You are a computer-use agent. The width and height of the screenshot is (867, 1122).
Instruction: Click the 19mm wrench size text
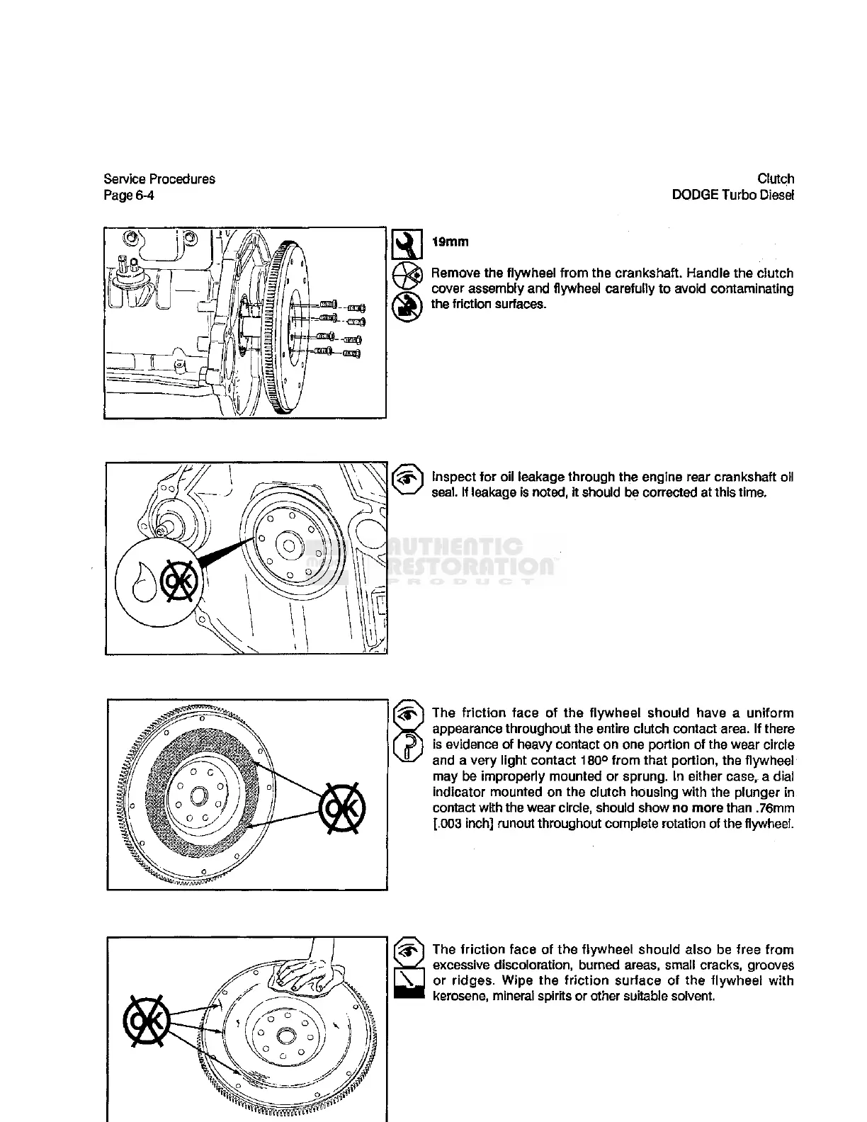click(x=450, y=242)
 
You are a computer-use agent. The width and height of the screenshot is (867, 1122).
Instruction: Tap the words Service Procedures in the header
click(x=159, y=179)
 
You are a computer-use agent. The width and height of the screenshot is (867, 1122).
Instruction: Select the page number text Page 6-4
click(x=128, y=195)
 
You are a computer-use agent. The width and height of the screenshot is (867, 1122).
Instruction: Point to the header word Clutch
click(x=776, y=179)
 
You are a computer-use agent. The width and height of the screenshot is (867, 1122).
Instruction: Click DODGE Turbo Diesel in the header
click(x=733, y=195)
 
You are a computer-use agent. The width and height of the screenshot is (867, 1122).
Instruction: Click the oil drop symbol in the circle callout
click(x=146, y=582)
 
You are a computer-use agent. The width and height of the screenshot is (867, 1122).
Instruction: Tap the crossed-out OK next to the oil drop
click(x=177, y=582)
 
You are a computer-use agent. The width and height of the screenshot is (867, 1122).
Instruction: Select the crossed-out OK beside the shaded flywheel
click(x=343, y=808)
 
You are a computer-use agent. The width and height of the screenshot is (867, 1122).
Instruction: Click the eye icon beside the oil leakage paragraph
click(x=407, y=479)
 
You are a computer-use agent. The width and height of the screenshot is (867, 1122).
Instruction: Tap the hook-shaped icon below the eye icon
click(x=407, y=747)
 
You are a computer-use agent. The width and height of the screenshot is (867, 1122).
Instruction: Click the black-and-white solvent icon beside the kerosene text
click(x=408, y=982)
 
